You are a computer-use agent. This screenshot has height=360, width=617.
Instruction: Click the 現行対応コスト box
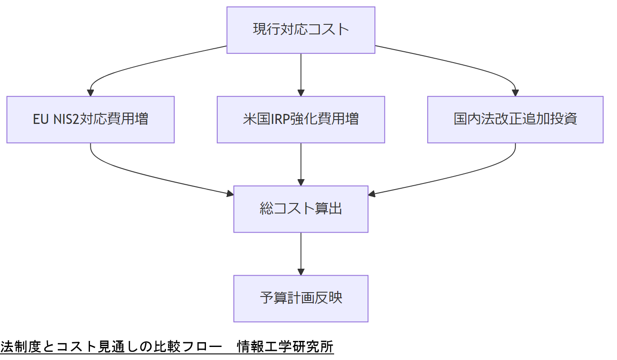[x=301, y=30]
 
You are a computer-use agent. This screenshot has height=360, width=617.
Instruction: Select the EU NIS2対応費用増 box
[x=90, y=120]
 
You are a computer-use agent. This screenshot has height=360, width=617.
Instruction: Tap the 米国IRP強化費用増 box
[x=301, y=120]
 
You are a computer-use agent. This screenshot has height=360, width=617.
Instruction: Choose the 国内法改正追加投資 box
[x=515, y=120]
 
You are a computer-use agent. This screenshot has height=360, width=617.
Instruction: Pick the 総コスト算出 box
[x=301, y=209]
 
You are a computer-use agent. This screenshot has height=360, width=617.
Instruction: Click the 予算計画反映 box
[x=301, y=298]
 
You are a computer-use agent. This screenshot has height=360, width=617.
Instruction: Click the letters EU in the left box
[x=40, y=120]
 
